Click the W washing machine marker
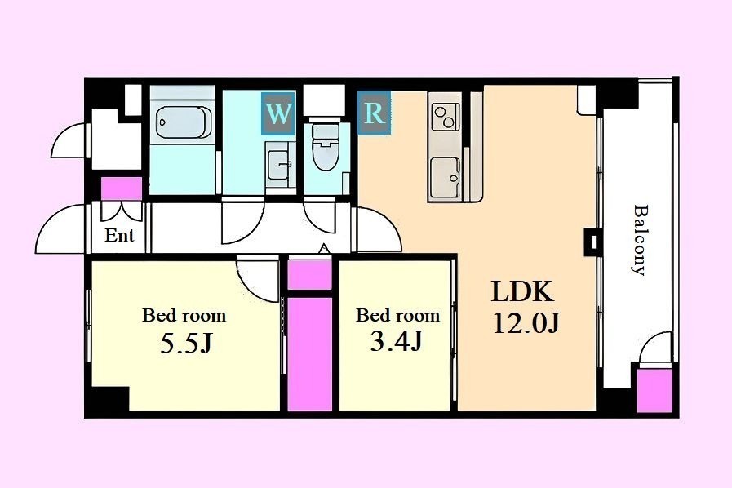(278, 113)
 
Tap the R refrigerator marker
(374, 113)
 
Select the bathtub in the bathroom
(183, 122)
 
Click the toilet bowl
(325, 148)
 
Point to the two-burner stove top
(444, 116)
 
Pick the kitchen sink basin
(446, 176)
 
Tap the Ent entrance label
(119, 235)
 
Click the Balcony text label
(640, 240)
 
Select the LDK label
(522, 292)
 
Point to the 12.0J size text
(526, 322)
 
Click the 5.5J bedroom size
(186, 344)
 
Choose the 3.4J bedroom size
(397, 341)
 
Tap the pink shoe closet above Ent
(122, 189)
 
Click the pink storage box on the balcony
(654, 390)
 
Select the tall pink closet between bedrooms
(309, 354)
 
